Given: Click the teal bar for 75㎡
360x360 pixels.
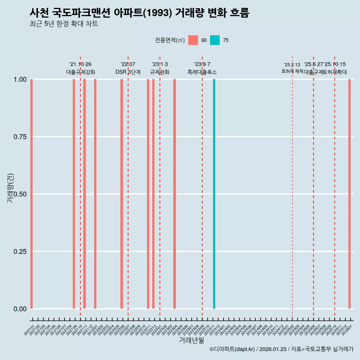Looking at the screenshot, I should [214, 194].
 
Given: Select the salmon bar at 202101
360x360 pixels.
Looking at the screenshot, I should [31, 194].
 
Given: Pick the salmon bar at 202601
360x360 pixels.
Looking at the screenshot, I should [349, 194].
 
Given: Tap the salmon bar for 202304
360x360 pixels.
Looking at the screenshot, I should [174, 194].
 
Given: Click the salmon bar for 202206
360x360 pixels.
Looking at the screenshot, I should [121, 194].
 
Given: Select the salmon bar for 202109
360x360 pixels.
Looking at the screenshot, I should [74, 194].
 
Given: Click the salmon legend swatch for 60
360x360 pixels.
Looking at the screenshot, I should [193, 40].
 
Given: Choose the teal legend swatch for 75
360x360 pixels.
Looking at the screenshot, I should [215, 40].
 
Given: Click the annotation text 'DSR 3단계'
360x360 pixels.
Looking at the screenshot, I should [128, 72].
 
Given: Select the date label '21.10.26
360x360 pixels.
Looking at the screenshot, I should [80, 64].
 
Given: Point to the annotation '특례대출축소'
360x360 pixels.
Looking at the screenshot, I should [202, 72].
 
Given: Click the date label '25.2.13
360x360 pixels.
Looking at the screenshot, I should [292, 65].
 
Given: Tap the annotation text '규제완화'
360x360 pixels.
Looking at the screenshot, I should [160, 72].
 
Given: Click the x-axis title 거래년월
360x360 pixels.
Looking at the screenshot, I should [191, 340].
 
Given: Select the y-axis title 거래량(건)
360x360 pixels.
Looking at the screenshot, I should [10, 188].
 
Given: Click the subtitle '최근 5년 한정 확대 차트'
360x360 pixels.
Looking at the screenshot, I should [64, 24].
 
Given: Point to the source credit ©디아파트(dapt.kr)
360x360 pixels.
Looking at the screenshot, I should [232, 349].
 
